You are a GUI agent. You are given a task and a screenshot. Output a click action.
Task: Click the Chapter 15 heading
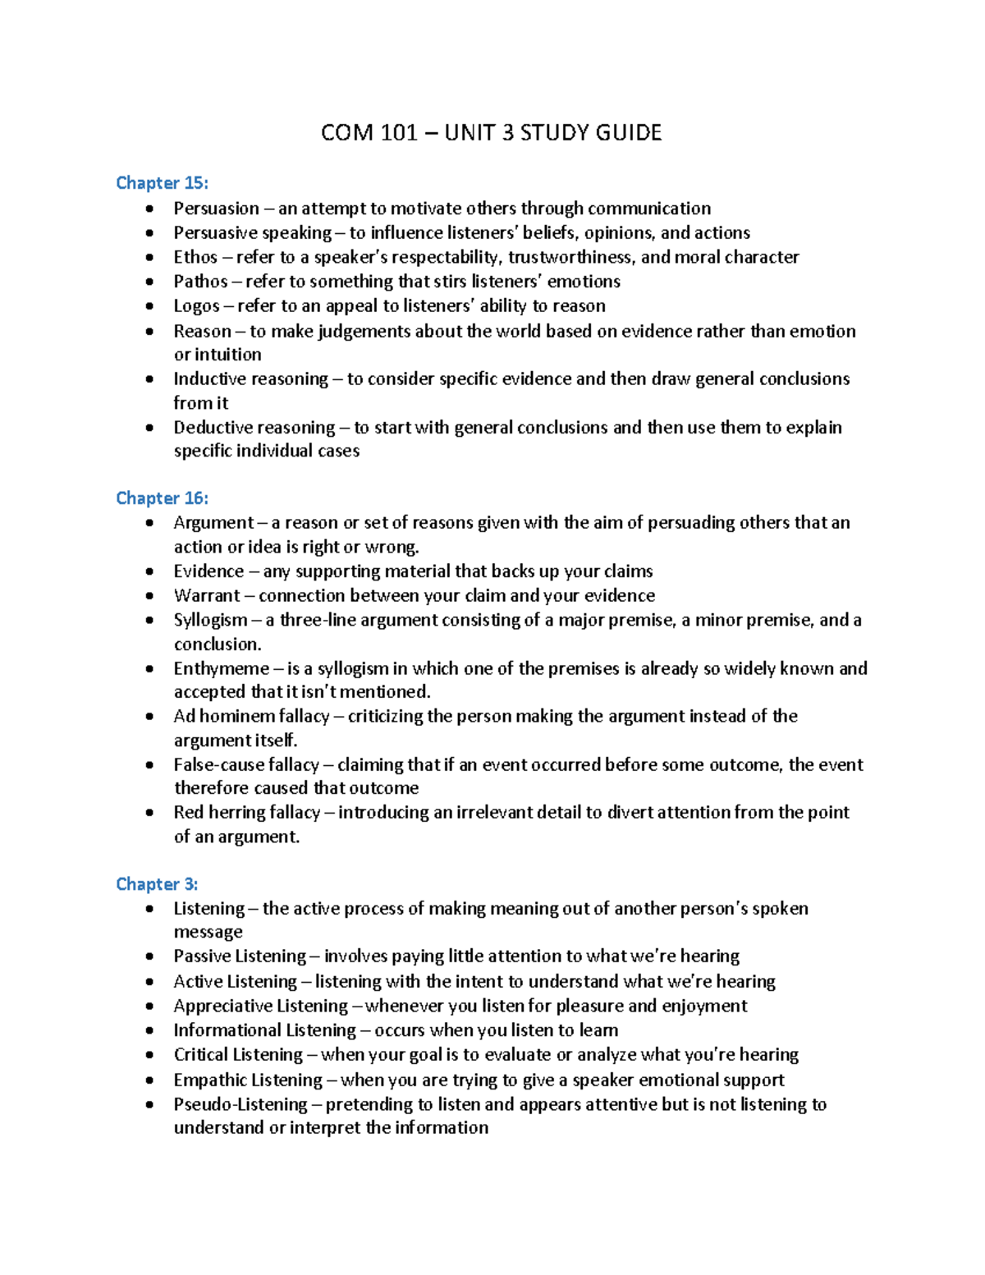(x=162, y=182)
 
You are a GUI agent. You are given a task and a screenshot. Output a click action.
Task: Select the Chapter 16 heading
(x=162, y=498)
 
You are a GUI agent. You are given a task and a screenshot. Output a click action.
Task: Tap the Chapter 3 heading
(x=157, y=883)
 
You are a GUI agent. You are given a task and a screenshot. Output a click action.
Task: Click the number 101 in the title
(x=399, y=133)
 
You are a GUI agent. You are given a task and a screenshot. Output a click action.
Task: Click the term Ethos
(x=195, y=257)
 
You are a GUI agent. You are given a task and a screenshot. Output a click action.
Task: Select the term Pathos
(x=200, y=282)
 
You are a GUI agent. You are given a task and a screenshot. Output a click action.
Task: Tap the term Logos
(x=196, y=306)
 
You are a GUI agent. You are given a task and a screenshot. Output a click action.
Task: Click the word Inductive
(x=209, y=378)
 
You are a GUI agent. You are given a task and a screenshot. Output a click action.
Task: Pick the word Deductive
(x=212, y=427)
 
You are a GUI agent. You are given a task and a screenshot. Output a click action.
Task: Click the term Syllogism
(x=210, y=620)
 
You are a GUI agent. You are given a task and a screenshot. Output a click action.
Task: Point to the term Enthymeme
(x=221, y=668)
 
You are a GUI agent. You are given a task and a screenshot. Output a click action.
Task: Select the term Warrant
(x=207, y=595)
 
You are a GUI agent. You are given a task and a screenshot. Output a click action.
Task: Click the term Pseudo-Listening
(x=240, y=1103)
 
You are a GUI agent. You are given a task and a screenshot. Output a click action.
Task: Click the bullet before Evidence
(x=149, y=571)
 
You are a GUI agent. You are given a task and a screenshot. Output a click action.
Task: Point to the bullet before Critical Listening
(x=149, y=1055)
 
